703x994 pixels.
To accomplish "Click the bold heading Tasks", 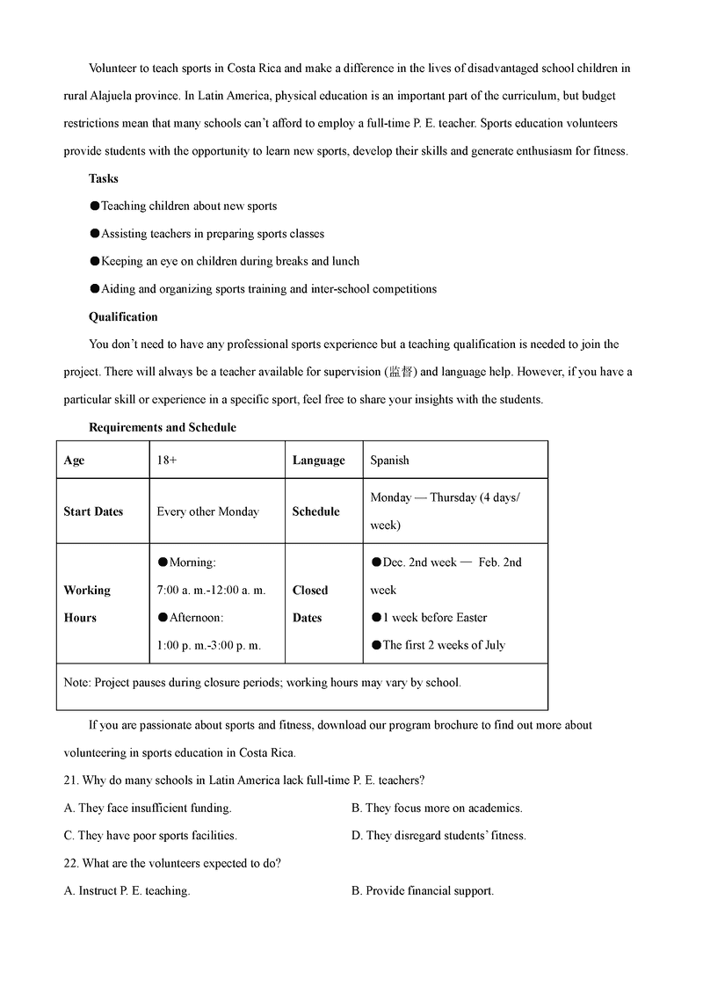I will pos(104,178).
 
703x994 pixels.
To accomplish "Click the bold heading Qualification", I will pos(123,316).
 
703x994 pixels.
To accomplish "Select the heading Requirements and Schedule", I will pos(163,427).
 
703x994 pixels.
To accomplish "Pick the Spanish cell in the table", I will pos(389,461).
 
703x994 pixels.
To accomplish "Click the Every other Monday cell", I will pos(207,512).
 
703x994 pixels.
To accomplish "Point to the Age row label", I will pos(75,461).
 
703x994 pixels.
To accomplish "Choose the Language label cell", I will pos(318,461).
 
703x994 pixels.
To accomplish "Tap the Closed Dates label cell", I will pos(310,604).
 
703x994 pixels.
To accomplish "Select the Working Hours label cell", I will pos(87,604).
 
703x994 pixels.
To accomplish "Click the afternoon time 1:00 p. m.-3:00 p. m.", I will pos(208,645).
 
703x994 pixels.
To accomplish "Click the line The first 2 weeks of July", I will pos(443,645).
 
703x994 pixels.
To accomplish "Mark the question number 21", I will pos(71,780).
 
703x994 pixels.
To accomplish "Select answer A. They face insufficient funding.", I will pos(148,808).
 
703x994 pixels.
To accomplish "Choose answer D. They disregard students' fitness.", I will pos(438,836).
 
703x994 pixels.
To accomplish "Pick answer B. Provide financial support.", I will pos(423,890).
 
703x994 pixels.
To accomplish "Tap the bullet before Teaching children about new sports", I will pos(95,207).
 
